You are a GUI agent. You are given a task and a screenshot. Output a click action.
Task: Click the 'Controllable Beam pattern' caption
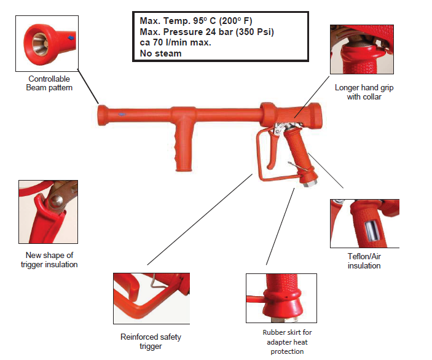[x=49, y=83]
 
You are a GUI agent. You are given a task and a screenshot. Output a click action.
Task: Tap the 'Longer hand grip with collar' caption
[x=364, y=92]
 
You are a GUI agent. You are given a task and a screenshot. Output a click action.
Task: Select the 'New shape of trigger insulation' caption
[x=49, y=260]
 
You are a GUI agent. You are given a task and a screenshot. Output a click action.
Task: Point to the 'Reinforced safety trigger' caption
[x=151, y=342]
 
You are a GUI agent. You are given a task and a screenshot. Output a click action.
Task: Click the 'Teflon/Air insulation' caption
[x=364, y=261]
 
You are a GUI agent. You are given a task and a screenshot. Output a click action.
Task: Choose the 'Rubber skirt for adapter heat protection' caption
[x=287, y=342]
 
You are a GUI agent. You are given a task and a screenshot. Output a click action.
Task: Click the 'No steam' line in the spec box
[x=160, y=53]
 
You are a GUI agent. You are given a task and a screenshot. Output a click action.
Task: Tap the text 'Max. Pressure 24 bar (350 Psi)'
[x=206, y=32]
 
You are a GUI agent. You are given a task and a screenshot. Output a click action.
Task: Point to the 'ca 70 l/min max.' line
[x=176, y=42]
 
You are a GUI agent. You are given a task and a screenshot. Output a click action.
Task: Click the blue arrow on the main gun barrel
[x=122, y=114]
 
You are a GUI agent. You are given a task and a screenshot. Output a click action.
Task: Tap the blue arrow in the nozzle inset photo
[x=71, y=37]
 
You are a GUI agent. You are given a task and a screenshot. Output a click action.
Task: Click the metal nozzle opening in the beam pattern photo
[x=40, y=44]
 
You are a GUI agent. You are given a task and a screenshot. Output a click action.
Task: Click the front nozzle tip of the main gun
[x=101, y=115]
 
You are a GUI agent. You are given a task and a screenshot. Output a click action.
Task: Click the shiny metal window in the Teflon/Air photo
[x=372, y=230]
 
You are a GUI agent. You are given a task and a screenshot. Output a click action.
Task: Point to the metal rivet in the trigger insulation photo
[x=56, y=200]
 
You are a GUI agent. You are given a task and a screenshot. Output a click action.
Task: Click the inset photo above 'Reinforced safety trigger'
[x=152, y=299]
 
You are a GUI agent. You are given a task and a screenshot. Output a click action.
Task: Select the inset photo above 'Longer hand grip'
[x=362, y=49]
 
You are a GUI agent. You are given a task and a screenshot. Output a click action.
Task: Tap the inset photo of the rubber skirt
[x=281, y=298]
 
